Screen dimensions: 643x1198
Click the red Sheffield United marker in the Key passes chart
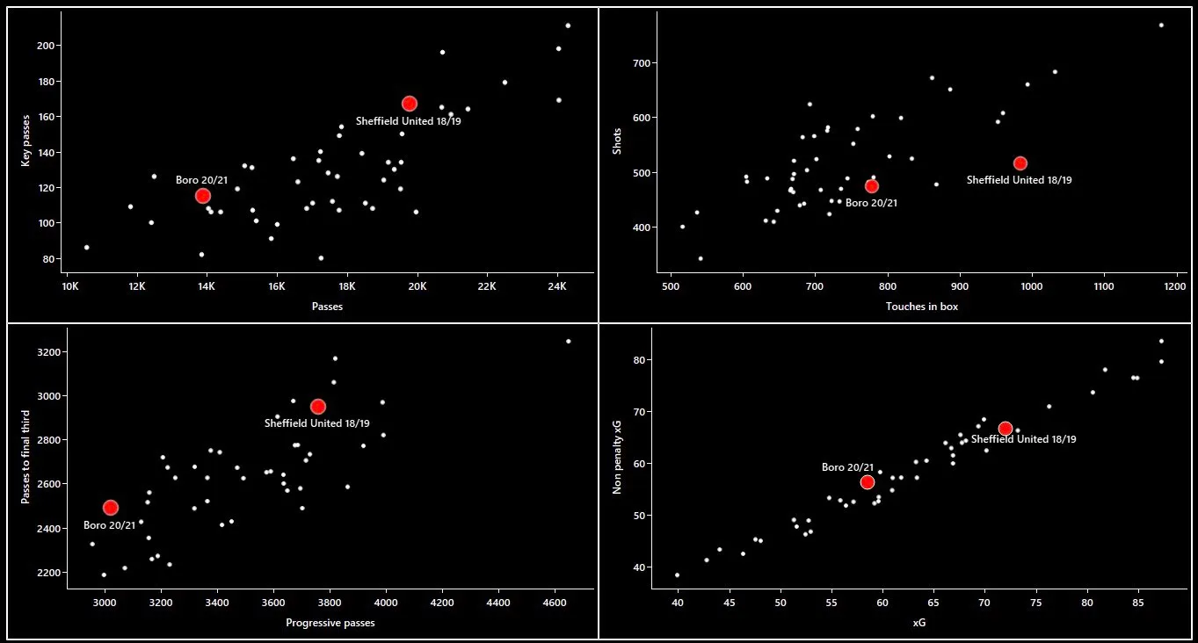click(x=409, y=104)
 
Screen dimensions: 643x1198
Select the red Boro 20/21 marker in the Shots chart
click(x=871, y=186)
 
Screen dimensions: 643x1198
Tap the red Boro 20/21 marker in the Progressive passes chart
click(x=110, y=508)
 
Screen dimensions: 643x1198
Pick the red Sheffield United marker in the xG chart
click(x=1005, y=429)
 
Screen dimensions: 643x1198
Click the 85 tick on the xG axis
click(x=1138, y=604)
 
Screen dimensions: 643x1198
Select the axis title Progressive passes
click(x=330, y=624)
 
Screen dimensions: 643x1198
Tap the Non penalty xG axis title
click(x=617, y=457)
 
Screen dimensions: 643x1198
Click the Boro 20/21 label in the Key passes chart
click(x=201, y=180)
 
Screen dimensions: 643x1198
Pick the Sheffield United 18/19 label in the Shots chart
click(x=1019, y=180)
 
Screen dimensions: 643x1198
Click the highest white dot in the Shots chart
click(x=1160, y=25)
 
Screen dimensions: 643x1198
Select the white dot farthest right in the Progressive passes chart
click(x=568, y=341)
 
